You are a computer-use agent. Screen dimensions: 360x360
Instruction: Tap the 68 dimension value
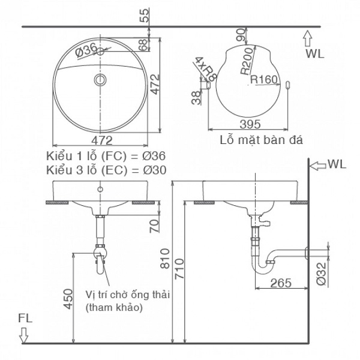click(143, 44)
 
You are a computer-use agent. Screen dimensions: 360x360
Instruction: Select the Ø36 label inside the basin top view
click(87, 52)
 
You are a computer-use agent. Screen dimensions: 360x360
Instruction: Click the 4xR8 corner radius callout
click(203, 68)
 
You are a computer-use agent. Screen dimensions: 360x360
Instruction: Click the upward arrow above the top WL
click(308, 39)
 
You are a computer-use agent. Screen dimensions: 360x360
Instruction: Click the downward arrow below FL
click(24, 338)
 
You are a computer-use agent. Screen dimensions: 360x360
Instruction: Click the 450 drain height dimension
click(68, 298)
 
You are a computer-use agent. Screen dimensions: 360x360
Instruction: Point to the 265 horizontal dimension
click(281, 282)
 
